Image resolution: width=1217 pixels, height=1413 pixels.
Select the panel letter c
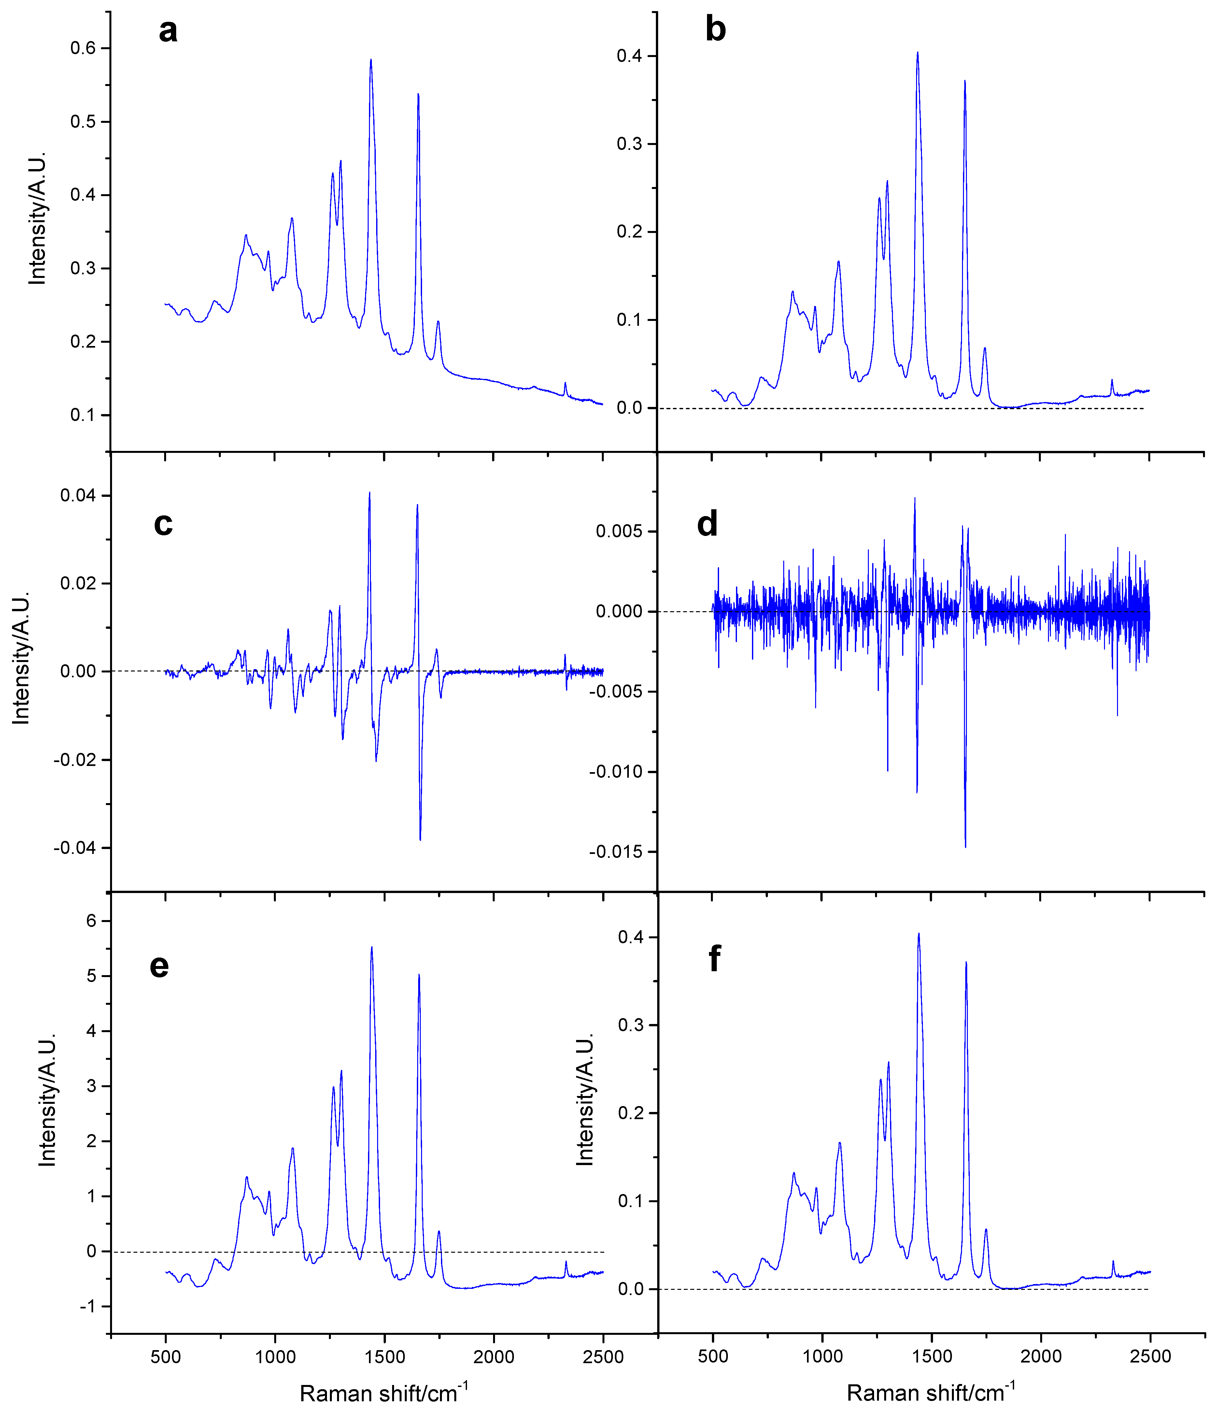tap(163, 524)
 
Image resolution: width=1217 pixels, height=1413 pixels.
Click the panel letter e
tap(159, 966)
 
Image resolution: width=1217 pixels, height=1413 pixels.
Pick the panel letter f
tap(714, 959)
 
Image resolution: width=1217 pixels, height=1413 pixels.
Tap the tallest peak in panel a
tap(371, 60)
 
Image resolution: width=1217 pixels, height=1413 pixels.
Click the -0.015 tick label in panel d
tap(616, 852)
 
